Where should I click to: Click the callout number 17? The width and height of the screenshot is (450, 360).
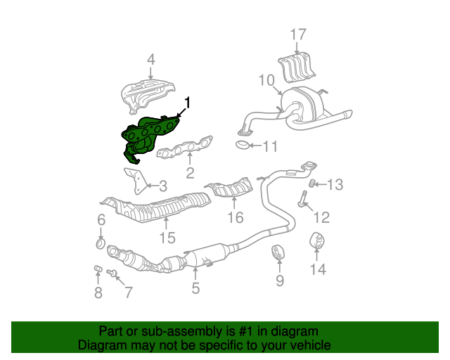tap(298, 34)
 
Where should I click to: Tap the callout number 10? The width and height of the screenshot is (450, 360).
tap(266, 80)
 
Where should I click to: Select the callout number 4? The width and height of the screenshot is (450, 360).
tap(150, 60)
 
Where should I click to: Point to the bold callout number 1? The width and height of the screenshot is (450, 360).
tap(187, 103)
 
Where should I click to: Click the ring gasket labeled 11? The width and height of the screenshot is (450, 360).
tap(241, 146)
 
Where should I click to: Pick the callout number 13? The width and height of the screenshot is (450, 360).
tap(335, 185)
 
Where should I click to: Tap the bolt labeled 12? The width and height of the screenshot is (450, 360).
tap(302, 199)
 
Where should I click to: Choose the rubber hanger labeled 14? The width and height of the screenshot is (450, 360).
tap(317, 242)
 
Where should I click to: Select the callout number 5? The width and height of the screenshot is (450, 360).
tap(195, 287)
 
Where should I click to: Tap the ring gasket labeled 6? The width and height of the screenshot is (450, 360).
tap(100, 244)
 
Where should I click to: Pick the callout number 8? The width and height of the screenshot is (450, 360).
tap(98, 292)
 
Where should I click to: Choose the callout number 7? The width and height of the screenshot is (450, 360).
tap(127, 291)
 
